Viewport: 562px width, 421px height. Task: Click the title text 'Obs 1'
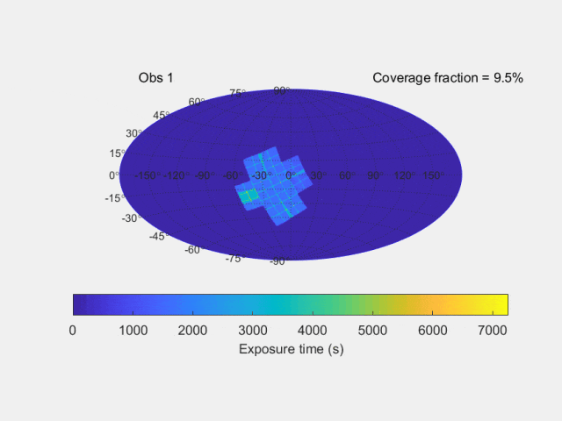tap(155, 78)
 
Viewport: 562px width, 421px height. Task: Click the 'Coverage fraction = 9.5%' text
tap(448, 78)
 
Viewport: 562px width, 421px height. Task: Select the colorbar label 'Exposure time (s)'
tap(290, 348)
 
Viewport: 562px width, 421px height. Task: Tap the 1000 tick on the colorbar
tap(133, 330)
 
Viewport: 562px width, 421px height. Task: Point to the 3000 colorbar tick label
tap(253, 330)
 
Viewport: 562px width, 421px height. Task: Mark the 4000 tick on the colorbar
tap(313, 330)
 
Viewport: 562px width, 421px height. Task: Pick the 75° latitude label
tap(238, 92)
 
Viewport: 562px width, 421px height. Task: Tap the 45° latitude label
tap(162, 115)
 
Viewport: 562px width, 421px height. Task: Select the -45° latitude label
tap(159, 236)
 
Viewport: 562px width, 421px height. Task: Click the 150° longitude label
tap(431, 175)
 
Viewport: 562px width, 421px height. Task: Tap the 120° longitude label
tap(403, 175)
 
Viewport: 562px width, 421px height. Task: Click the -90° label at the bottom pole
tap(278, 261)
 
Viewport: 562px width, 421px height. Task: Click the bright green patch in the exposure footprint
tap(249, 196)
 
